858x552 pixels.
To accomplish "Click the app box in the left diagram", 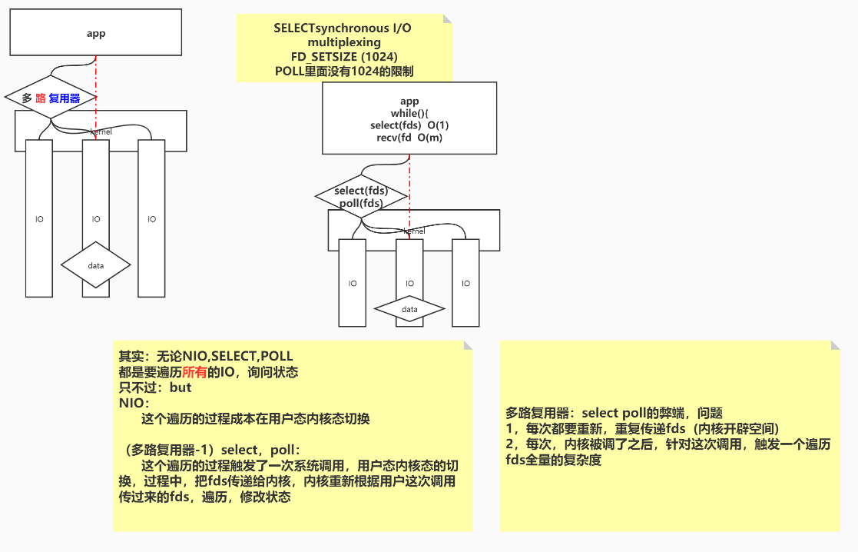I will [96, 34].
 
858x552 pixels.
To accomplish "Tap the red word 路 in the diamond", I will [41, 98].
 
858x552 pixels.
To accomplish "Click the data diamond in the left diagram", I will [95, 265].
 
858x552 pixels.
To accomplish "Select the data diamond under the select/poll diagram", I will [409, 309].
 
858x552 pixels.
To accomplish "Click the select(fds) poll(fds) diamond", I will [361, 197].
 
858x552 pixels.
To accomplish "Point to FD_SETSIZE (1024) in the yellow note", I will [344, 57].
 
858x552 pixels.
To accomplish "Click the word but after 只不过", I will [180, 387].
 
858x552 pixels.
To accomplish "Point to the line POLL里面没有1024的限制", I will [344, 71].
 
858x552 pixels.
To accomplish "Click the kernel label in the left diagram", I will [101, 132].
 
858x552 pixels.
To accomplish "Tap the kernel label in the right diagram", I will [414, 231].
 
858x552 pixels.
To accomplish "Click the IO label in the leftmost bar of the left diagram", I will [39, 219].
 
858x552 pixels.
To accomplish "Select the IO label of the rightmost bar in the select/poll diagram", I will [465, 283].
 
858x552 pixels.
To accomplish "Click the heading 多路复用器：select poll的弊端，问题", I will [614, 413].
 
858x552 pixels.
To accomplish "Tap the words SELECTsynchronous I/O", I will [343, 28].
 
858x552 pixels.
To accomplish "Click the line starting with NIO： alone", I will [134, 403].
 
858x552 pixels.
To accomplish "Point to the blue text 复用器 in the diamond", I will [64, 98].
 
